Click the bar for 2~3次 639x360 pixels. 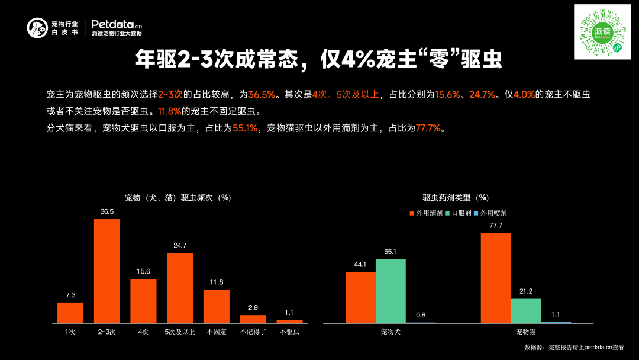[107, 271]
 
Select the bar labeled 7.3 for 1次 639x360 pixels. [70, 313]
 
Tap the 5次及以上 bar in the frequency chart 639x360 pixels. [180, 288]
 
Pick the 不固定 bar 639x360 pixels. [217, 306]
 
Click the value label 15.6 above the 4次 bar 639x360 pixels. [143, 271]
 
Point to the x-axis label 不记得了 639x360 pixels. [253, 332]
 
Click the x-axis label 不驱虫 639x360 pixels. [289, 332]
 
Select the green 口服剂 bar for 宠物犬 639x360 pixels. [390, 291]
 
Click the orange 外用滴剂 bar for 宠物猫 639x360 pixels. [496, 278]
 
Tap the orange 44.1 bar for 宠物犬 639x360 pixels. [360, 297]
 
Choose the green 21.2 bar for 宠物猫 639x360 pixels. [526, 310]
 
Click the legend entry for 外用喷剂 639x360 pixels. [490, 213]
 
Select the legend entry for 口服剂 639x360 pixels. [459, 213]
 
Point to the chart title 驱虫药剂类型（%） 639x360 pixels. [456, 198]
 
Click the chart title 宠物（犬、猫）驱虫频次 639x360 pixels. [177, 198]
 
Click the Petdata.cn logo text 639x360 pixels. [117, 24]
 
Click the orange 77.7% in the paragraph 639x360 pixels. [428, 128]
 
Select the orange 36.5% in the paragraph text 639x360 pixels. [262, 95]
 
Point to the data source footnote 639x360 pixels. [574, 348]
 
